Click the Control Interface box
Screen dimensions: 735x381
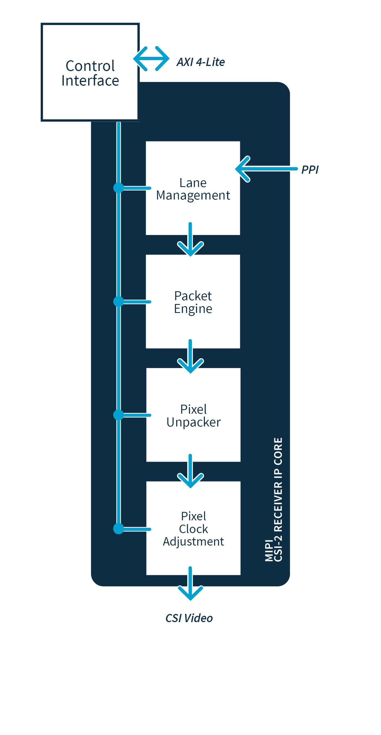[x=90, y=72]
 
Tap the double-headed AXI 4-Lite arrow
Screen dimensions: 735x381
[x=151, y=59]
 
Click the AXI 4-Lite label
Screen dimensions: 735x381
[x=201, y=62]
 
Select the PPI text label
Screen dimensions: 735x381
[x=310, y=169]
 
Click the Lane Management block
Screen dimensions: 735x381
[x=193, y=188]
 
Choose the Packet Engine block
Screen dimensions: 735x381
[x=193, y=302]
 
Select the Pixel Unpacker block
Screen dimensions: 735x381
[x=193, y=415]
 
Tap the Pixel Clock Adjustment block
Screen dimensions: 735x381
[x=193, y=528]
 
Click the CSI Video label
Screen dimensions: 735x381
[x=189, y=618]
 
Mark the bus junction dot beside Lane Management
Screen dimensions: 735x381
[x=118, y=188]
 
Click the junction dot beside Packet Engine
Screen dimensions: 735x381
[x=118, y=301]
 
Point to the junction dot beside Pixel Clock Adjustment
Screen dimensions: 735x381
[x=118, y=528]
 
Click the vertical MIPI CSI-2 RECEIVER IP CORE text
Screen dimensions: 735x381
[x=274, y=499]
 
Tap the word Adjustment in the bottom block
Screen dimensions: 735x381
[x=193, y=541]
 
